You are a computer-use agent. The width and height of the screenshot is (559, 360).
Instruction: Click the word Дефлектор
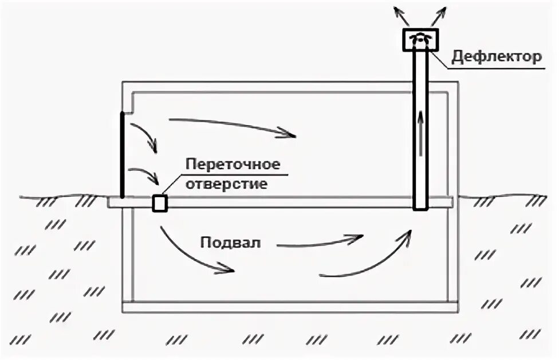click(x=496, y=56)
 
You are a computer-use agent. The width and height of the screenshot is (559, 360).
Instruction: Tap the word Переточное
click(x=232, y=165)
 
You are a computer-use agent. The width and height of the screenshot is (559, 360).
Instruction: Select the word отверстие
click(x=226, y=185)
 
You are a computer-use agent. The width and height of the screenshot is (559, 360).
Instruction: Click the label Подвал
click(x=230, y=242)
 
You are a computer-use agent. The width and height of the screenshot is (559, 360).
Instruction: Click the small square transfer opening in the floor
click(x=159, y=202)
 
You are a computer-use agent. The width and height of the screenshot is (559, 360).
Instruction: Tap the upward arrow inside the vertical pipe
click(x=421, y=132)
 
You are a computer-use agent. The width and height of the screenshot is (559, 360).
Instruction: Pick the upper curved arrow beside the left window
click(x=146, y=135)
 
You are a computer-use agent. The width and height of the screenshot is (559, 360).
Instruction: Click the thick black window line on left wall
click(x=122, y=155)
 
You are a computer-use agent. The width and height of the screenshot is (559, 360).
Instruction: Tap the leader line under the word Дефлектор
click(x=487, y=67)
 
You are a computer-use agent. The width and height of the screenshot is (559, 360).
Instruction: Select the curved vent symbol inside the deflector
click(x=421, y=37)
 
